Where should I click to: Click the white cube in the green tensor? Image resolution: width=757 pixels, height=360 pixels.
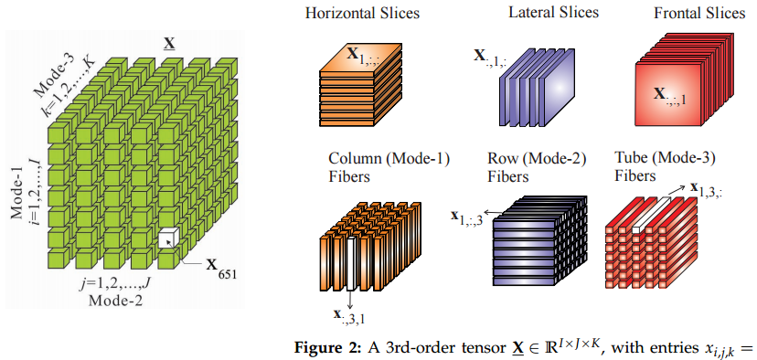coord(167,240)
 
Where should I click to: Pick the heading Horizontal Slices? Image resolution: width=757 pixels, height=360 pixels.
coord(356,16)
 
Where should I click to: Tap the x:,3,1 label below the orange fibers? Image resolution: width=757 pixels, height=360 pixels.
coord(350,316)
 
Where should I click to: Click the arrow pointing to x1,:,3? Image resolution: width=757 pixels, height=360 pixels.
coord(497,213)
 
